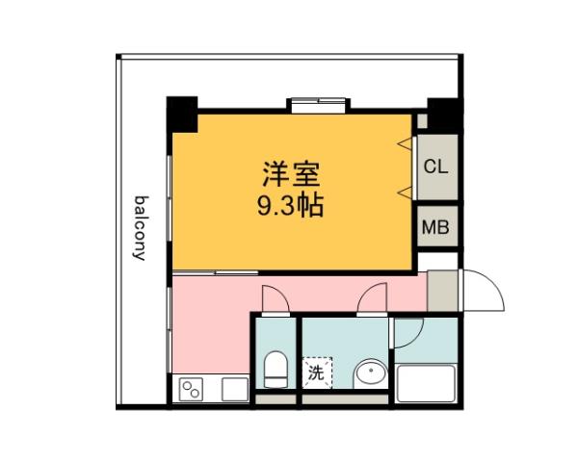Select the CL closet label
[435, 166]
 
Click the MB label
[435, 228]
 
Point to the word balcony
[140, 229]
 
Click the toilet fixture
[275, 369]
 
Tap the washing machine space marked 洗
[316, 371]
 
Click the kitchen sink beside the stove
[234, 390]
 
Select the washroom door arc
[371, 300]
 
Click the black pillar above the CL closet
[442, 113]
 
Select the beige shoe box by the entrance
[442, 290]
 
